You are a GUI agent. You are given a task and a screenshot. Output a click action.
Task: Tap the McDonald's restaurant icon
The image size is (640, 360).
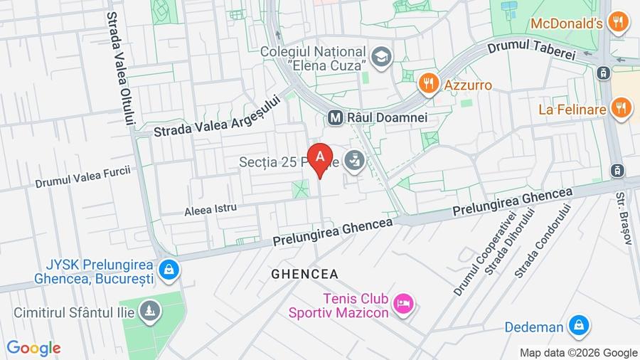[620, 23]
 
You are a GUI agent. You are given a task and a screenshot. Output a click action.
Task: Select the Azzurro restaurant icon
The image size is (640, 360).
[427, 85]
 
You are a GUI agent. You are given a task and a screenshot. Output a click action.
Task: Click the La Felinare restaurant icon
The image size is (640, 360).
[621, 109]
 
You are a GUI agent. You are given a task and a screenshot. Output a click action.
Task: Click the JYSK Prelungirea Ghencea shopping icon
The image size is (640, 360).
[169, 270]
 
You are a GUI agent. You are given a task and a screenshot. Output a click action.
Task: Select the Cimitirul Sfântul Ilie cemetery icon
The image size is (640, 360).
[150, 311]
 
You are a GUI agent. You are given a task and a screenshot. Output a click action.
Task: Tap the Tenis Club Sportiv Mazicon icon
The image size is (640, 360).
[403, 304]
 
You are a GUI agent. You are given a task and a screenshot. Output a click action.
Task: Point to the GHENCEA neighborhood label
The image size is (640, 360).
[304, 274]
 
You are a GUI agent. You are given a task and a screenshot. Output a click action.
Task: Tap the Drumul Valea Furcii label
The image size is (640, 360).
[83, 176]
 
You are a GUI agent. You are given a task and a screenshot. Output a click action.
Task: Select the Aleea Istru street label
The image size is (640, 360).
[210, 209]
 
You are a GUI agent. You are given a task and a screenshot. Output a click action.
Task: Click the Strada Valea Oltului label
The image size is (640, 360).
[120, 68]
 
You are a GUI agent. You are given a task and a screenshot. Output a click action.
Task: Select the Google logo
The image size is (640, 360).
[33, 349]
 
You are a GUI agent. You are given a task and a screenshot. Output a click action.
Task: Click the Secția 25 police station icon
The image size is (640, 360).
[353, 161]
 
